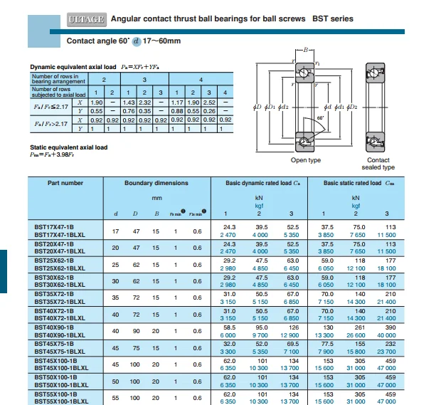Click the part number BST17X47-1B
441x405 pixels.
tap(54, 227)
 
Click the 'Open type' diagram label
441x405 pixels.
tap(306, 161)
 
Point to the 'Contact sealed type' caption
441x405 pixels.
tap(378, 164)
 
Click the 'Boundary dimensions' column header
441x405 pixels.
tap(156, 184)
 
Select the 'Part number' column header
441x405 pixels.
tap(66, 184)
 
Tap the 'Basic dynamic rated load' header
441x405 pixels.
tap(258, 184)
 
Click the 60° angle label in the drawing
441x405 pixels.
tap(320, 118)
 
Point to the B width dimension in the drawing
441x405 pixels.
tap(306, 51)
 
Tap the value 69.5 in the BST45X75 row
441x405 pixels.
tap(292, 343)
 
